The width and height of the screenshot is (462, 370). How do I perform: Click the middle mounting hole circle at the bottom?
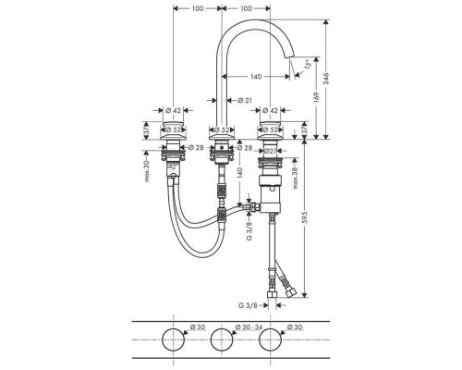[x=221, y=341]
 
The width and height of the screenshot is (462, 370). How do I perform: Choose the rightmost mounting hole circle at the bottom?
[x=268, y=341]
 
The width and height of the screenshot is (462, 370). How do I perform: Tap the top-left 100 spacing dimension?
[x=197, y=8]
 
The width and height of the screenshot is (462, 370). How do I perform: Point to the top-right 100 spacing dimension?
[x=245, y=8]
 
